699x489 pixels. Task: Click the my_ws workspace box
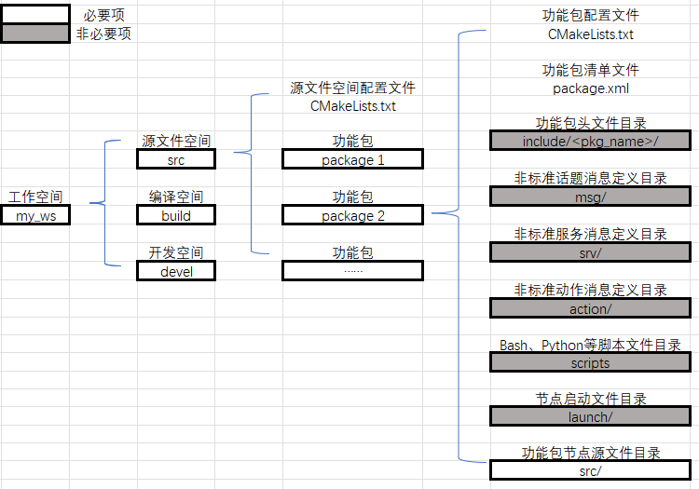coord(35,215)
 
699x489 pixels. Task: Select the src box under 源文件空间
coord(176,159)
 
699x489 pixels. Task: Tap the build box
coord(176,215)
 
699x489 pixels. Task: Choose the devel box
coord(176,271)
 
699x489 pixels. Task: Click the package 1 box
coord(352,159)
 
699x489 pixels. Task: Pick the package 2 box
coord(352,215)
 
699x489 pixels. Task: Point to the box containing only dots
coord(352,271)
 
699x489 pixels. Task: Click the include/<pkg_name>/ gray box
coord(589,141)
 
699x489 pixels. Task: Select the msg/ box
coord(589,197)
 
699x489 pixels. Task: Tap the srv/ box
coord(589,252)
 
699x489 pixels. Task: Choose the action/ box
coord(589,308)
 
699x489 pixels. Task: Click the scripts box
coord(589,363)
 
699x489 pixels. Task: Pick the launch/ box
coord(589,417)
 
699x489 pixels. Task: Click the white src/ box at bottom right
coord(589,471)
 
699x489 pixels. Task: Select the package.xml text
coord(590,88)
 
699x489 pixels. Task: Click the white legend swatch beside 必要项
coord(34,14)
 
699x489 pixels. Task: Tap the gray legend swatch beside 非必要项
coord(34,33)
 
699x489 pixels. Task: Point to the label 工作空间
coord(35,197)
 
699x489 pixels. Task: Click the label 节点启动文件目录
coord(590,400)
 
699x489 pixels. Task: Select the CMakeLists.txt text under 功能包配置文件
coord(590,34)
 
